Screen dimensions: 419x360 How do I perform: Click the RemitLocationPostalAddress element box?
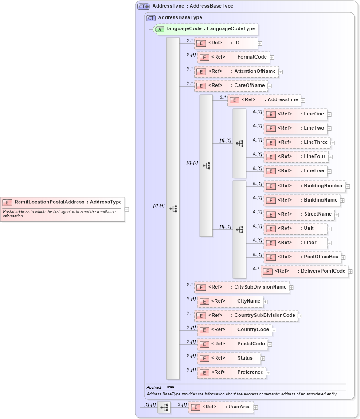tap(62, 202)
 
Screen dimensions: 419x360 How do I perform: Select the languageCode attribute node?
tap(206, 29)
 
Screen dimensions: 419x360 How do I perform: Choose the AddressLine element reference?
tap(264, 100)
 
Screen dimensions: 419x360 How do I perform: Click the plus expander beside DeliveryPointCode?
tap(351, 271)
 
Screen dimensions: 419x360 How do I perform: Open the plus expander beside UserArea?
tap(255, 407)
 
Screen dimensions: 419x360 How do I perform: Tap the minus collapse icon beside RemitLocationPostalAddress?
tap(126, 209)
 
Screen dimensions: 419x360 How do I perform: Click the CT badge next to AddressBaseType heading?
tap(151, 18)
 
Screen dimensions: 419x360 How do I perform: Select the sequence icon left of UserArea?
tap(164, 407)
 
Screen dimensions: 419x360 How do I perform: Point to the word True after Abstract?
tap(170, 387)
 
